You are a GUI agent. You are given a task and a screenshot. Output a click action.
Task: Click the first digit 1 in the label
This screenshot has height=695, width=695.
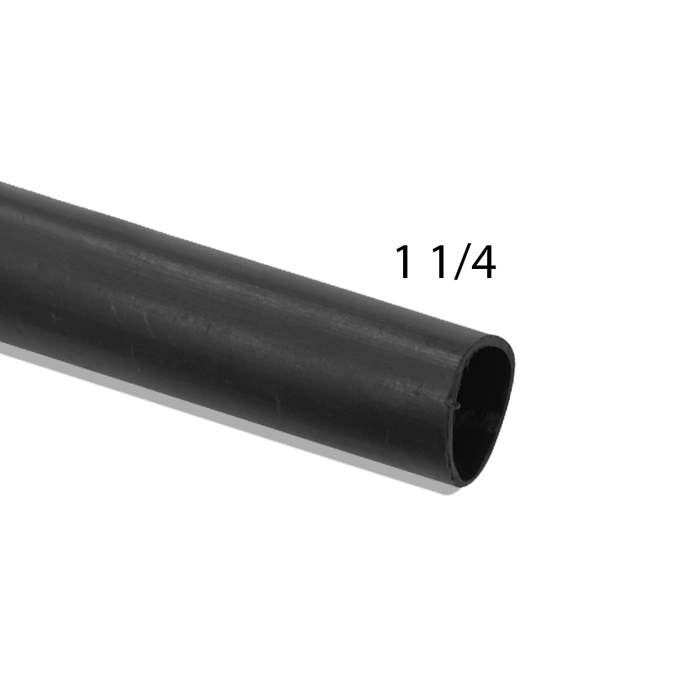coord(404,262)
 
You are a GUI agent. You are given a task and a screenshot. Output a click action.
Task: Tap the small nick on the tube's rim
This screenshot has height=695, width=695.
coord(455,404)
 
